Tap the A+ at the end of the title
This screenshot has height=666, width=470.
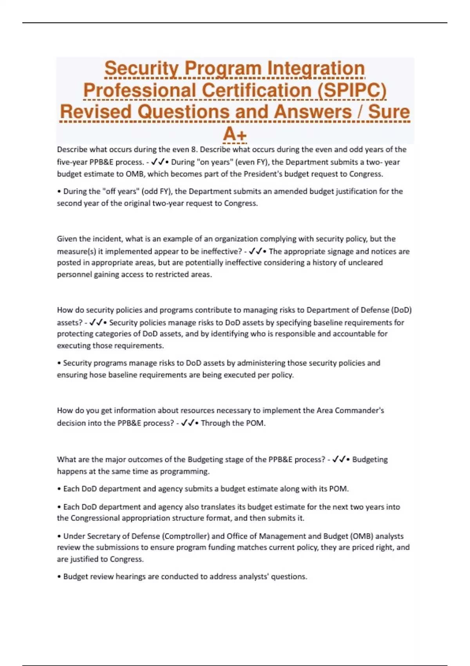click(x=235, y=134)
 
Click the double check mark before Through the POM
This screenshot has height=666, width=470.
click(x=188, y=423)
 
